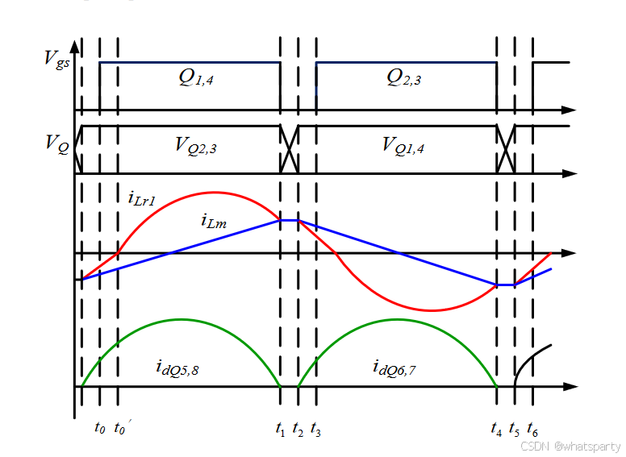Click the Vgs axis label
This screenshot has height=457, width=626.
(x=58, y=58)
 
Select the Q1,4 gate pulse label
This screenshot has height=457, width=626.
(x=196, y=77)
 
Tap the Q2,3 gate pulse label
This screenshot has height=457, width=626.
(x=403, y=77)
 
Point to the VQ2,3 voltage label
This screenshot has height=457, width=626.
(x=195, y=145)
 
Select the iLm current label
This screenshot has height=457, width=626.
(x=214, y=220)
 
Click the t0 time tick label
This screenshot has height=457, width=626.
(x=99, y=429)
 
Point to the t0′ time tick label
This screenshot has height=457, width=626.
(x=122, y=427)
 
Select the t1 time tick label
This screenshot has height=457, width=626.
(x=280, y=429)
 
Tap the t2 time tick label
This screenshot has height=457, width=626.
(x=298, y=429)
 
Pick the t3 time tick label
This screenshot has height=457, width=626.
(x=315, y=429)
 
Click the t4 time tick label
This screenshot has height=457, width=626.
(x=496, y=429)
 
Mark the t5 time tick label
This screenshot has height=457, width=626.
(x=515, y=429)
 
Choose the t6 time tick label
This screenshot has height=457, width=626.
(x=532, y=429)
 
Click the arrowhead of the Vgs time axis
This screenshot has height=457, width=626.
(x=569, y=110)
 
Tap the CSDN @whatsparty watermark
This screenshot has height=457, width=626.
(x=570, y=446)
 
